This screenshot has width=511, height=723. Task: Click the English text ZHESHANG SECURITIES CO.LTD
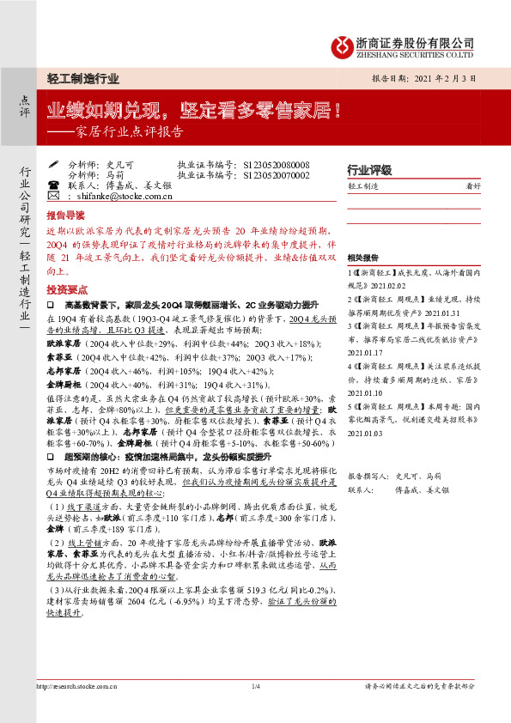(x=415, y=52)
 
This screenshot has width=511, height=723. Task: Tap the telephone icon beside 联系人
(x=53, y=185)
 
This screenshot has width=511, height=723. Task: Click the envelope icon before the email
(x=53, y=197)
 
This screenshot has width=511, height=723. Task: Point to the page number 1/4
(x=255, y=685)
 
